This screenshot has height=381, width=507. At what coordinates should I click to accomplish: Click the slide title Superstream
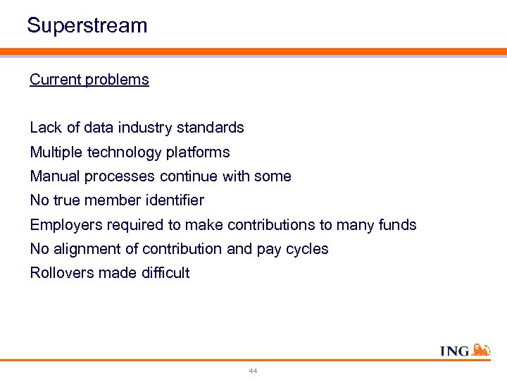(x=87, y=26)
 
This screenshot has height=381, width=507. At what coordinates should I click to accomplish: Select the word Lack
(x=46, y=128)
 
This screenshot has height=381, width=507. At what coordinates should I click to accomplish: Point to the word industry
(x=144, y=128)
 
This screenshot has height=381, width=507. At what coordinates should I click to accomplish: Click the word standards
(x=211, y=128)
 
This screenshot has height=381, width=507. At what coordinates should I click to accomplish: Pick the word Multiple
(x=55, y=152)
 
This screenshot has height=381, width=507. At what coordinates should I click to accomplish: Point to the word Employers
(x=63, y=225)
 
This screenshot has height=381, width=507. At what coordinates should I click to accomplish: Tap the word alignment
(x=84, y=249)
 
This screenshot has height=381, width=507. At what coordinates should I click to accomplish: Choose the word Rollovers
(x=58, y=273)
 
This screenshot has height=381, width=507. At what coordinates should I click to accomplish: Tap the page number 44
(x=253, y=371)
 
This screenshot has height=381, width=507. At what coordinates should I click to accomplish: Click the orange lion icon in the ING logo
(x=481, y=350)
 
